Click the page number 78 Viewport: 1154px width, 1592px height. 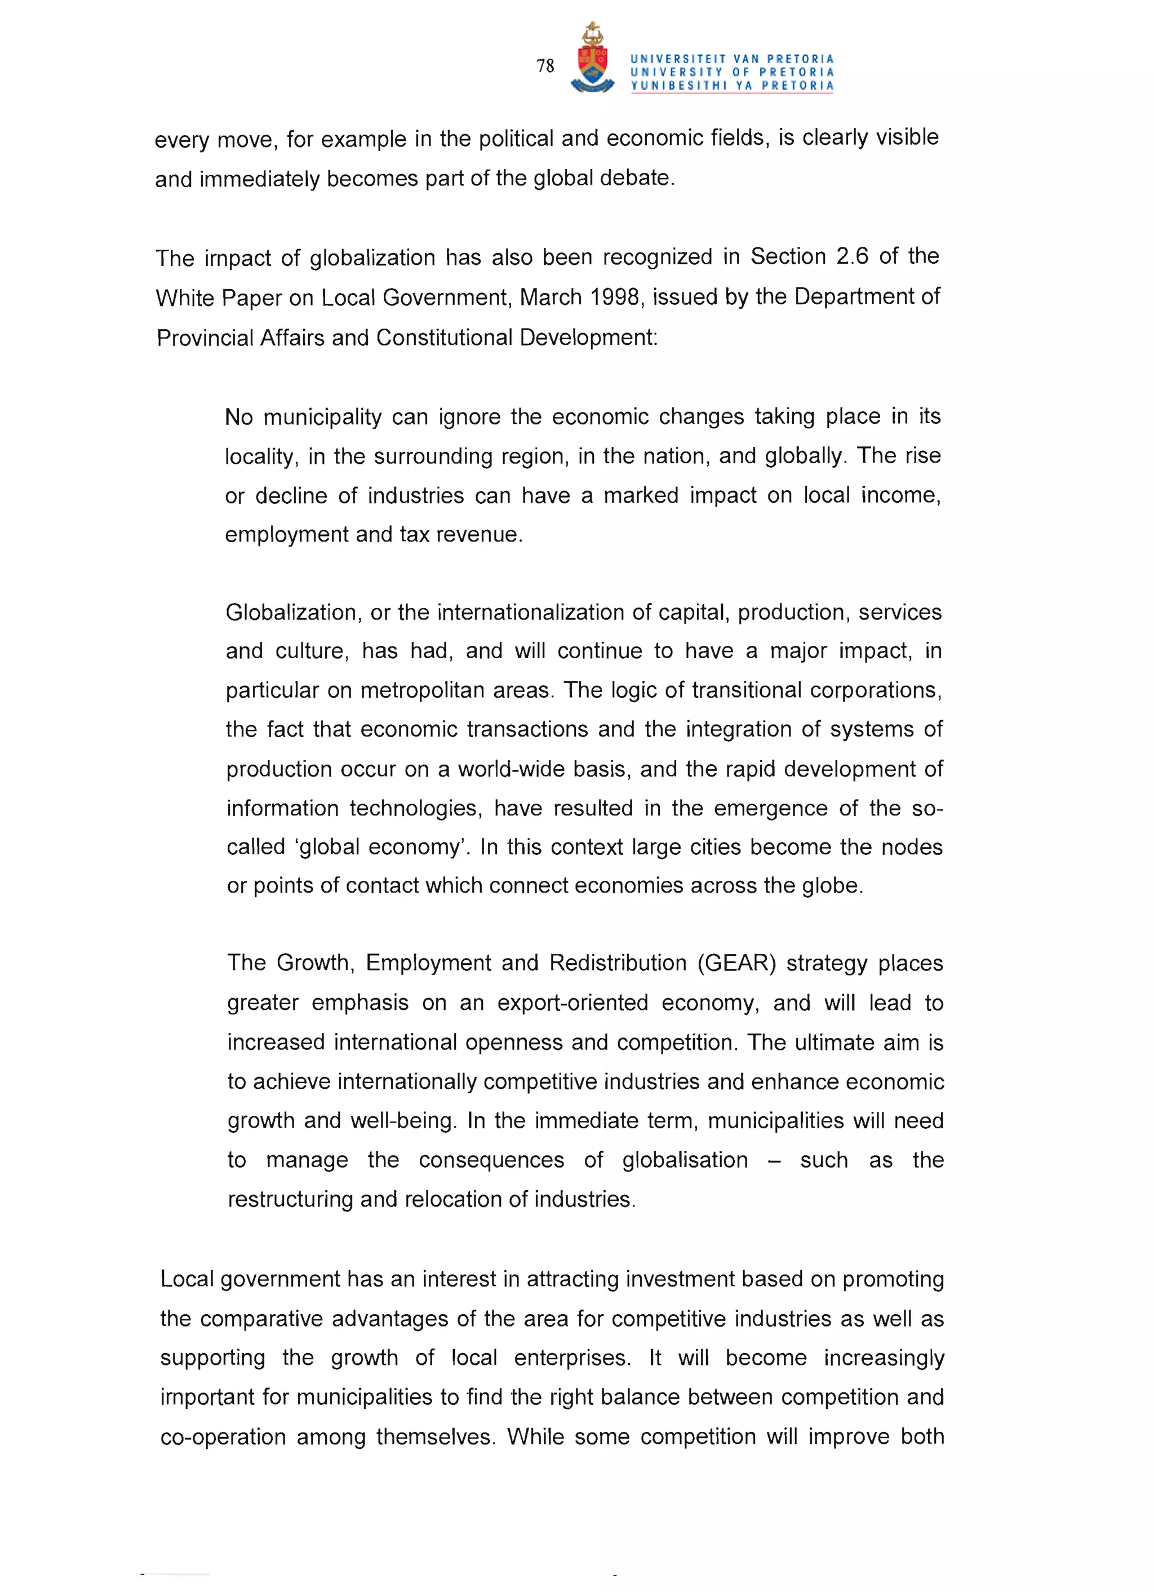point(545,66)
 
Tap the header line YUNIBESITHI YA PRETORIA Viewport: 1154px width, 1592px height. point(732,86)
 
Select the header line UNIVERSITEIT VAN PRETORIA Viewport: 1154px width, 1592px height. point(732,59)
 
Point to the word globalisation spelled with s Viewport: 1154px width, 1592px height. point(685,1160)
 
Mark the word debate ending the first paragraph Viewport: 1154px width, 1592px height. point(636,178)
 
